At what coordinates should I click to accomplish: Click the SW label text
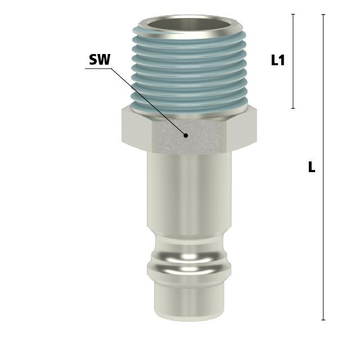click(100, 60)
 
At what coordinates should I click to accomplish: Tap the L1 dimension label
click(278, 60)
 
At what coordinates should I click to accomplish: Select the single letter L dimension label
click(312, 167)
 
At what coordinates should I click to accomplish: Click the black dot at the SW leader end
click(186, 136)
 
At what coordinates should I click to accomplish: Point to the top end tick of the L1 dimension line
click(293, 14)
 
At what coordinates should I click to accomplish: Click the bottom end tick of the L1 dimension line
click(293, 108)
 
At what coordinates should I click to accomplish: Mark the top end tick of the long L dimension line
click(323, 15)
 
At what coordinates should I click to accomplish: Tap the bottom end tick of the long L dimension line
click(323, 320)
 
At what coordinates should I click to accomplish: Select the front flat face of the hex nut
click(189, 137)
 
